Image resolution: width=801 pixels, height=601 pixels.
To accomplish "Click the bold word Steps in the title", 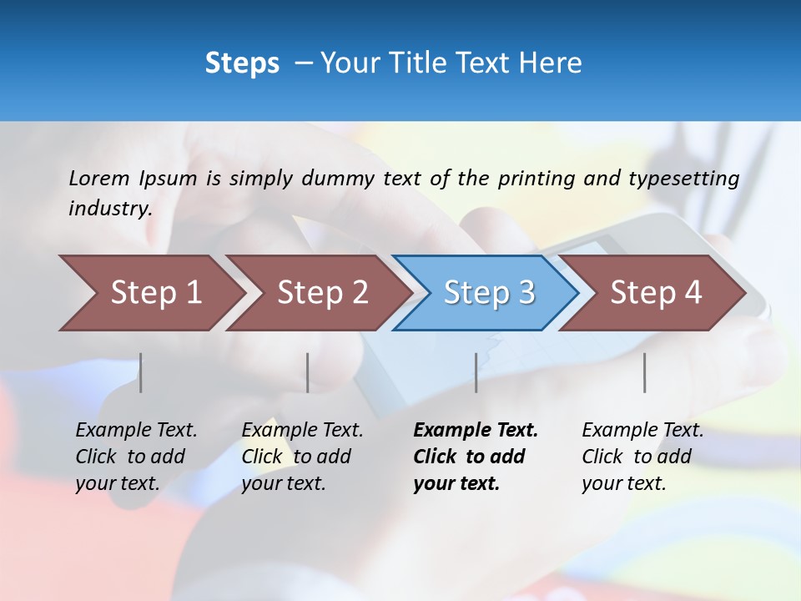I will [242, 63].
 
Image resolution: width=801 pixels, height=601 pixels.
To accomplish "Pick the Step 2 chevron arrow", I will [318, 293].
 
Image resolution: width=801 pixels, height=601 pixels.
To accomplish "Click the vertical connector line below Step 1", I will [140, 372].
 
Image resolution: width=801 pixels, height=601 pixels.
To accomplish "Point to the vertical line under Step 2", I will [308, 372].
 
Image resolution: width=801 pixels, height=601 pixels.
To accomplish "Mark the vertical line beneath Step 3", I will [476, 372].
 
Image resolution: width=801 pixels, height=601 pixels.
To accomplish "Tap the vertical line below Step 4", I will [644, 372].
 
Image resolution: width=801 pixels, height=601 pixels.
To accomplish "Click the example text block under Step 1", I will [136, 457].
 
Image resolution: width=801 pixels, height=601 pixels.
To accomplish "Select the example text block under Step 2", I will [302, 457].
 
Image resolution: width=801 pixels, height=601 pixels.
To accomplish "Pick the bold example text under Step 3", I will [476, 457].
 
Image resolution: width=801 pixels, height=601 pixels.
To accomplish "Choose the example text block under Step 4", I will [642, 457].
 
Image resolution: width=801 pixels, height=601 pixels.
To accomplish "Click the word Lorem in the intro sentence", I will [98, 178].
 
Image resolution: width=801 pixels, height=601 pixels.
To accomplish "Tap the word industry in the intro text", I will [109, 209].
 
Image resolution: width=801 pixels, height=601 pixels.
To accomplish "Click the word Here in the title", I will [554, 63].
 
